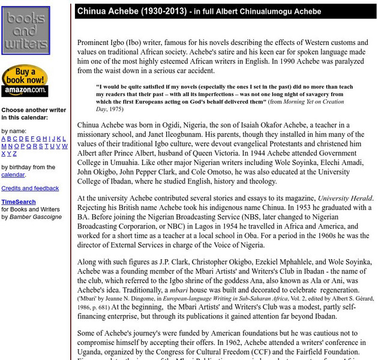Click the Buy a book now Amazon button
coord(25,81)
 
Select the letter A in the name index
coord(4,139)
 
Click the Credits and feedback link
coord(30,188)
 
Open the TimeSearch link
coord(19,202)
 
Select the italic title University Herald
coord(345,198)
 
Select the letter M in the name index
coord(4,146)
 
